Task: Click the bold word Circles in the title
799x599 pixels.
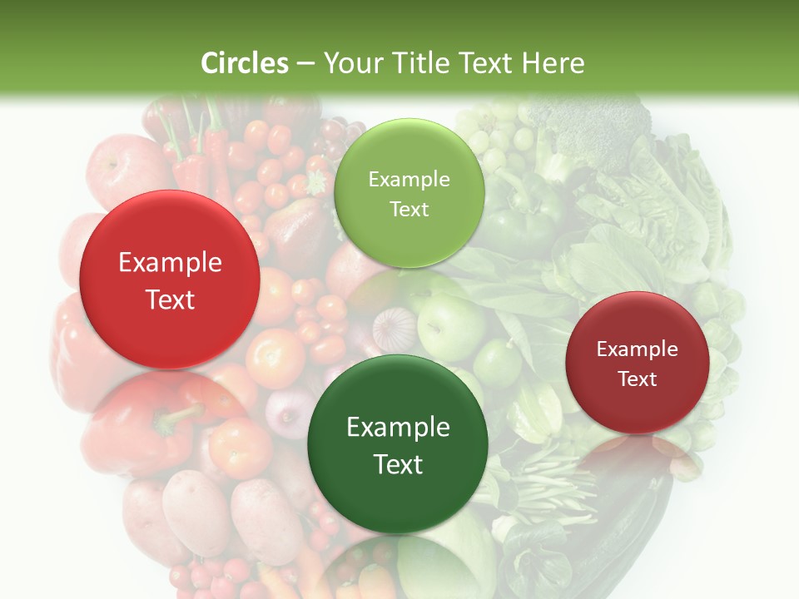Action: tap(245, 62)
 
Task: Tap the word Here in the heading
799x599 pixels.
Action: tap(553, 62)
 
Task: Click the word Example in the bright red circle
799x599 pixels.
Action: tap(170, 263)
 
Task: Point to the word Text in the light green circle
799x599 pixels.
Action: tap(409, 210)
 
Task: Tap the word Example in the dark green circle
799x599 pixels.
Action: tap(398, 428)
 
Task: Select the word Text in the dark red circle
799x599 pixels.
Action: tap(637, 379)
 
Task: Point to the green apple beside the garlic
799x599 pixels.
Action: tap(449, 324)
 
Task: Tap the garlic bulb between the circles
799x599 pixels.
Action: tap(393, 327)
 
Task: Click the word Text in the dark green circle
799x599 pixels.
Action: tap(398, 464)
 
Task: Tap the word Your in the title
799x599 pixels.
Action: tap(350, 62)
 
